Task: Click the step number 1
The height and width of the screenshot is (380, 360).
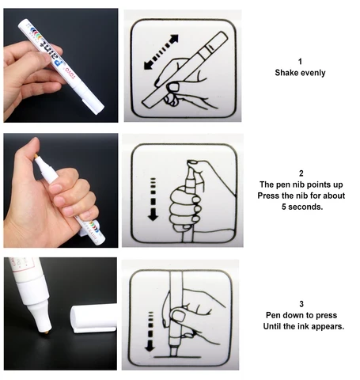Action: (300, 62)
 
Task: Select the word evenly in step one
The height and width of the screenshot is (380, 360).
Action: (313, 73)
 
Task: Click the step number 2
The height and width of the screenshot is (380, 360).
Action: (301, 173)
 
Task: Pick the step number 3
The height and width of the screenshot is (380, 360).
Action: (301, 304)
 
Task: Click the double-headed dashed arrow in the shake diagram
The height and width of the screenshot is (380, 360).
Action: (161, 52)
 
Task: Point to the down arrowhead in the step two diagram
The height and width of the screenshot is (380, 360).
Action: (153, 217)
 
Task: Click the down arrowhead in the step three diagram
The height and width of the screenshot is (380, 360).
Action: (150, 348)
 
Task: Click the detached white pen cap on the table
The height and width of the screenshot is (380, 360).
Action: (93, 318)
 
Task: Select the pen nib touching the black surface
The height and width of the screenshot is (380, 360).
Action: (47, 332)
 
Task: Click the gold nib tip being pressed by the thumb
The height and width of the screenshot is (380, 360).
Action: (36, 157)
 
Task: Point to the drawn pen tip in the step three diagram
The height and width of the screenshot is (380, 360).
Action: (173, 351)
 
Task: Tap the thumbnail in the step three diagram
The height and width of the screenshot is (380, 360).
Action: (178, 316)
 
